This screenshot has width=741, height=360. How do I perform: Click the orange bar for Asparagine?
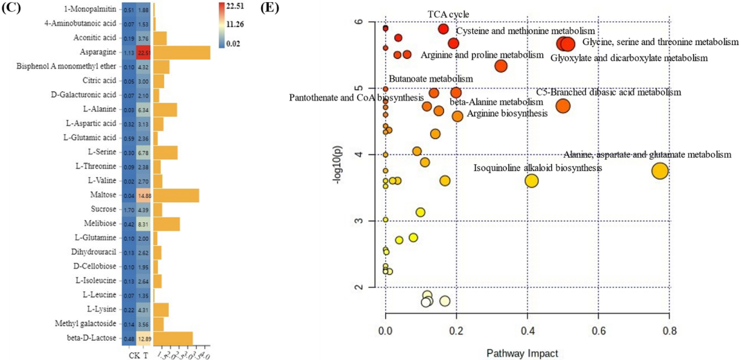tap(181, 53)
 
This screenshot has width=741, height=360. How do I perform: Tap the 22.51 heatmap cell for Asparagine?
tap(144, 53)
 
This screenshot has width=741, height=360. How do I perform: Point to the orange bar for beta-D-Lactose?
tap(172, 338)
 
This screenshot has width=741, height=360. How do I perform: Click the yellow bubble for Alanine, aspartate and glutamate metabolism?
tap(660, 170)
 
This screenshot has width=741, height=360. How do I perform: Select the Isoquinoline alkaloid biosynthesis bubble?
tap(531, 181)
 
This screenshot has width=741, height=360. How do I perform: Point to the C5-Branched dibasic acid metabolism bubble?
tap(562, 106)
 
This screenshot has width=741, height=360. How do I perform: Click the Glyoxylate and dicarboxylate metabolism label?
tap(630, 58)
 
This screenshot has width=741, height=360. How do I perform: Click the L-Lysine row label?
tap(102, 309)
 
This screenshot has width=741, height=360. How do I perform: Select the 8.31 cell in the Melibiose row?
tap(144, 224)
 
